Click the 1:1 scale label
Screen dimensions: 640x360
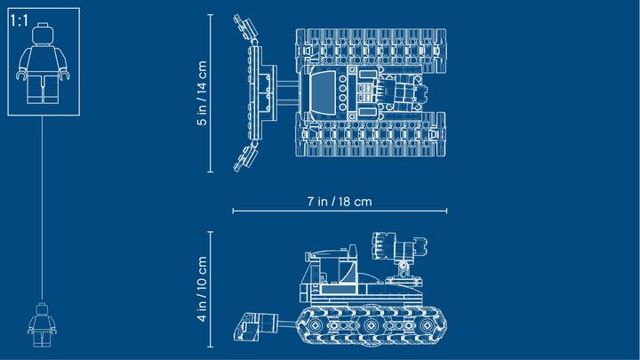(20, 20)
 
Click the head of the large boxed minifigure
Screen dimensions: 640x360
(43, 34)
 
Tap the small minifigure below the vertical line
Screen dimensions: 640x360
(42, 325)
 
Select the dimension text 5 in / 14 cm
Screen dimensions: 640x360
(202, 93)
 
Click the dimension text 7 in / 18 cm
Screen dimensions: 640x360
(340, 202)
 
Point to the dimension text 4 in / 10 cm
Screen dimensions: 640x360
(202, 289)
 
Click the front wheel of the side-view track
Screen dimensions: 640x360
(315, 325)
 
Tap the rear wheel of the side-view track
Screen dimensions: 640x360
(427, 325)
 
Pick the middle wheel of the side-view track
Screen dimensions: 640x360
(371, 325)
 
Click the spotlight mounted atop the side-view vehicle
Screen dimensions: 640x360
(399, 246)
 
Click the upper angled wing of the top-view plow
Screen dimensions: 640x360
(245, 28)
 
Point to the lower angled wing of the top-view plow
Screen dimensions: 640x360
(245, 157)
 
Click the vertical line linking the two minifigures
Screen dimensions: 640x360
(42, 208)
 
